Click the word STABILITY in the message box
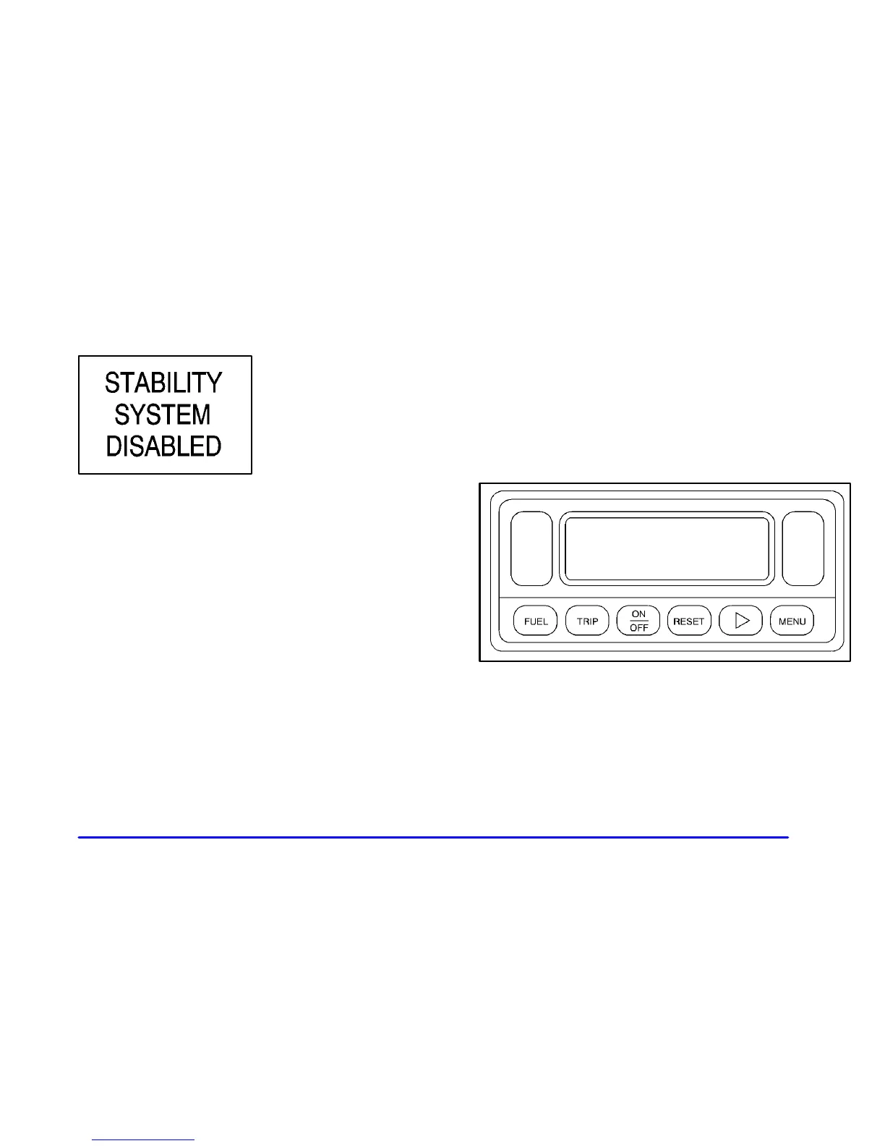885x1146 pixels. coord(163,383)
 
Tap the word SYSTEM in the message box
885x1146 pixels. coord(163,415)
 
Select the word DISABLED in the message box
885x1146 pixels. coord(163,446)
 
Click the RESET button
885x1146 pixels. coord(689,621)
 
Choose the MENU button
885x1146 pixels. coord(792,621)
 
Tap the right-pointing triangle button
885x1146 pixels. coord(741,621)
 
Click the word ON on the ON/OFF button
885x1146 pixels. coord(638,614)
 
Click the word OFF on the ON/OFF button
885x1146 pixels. coord(638,628)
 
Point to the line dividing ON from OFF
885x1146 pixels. coord(638,621)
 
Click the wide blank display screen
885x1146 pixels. coord(666,549)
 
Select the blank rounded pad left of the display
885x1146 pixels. coord(531,549)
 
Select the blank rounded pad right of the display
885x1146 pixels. coord(803,549)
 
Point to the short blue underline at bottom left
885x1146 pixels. coord(144,1139)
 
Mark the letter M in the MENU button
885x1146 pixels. coord(782,621)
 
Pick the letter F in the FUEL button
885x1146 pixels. coord(527,621)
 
